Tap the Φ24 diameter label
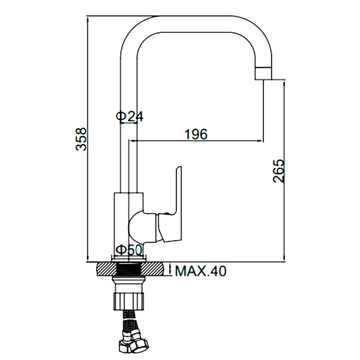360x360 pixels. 129,116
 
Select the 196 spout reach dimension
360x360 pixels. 196,133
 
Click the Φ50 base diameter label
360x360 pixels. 129,250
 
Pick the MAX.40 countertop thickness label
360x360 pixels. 200,272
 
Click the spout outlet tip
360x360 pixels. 264,72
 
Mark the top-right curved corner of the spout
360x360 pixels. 259,28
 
